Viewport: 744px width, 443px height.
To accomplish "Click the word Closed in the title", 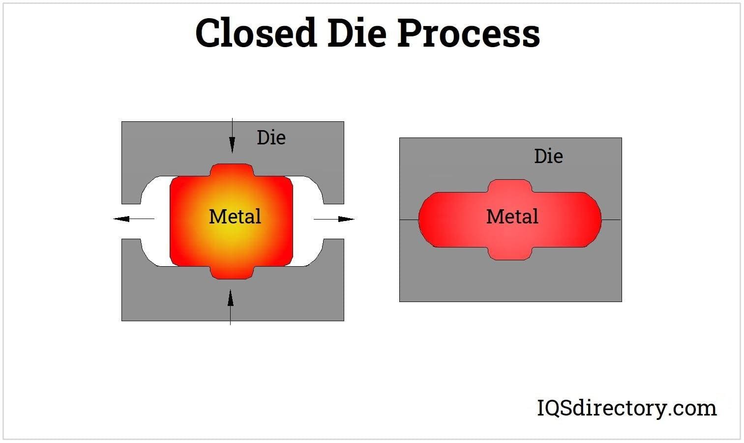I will coord(255,33).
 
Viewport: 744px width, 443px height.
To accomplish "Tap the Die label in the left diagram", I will coord(271,138).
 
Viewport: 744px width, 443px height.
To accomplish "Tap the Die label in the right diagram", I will coord(548,156).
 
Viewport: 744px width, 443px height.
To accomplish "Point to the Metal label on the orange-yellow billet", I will coord(235,217).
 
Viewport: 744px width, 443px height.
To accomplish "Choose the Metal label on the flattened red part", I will coord(512,217).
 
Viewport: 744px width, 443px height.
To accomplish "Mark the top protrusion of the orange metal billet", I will coord(232,170).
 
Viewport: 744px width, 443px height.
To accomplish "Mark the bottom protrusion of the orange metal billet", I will coord(232,273).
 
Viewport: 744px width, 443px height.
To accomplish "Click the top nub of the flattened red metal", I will coord(510,186).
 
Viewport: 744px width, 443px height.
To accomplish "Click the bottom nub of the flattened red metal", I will coord(510,253).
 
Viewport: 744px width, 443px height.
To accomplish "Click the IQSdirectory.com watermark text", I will coord(626,408).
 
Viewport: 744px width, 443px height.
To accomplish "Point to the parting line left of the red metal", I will coord(409,220).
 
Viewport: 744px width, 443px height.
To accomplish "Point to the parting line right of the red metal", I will coord(611,220).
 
